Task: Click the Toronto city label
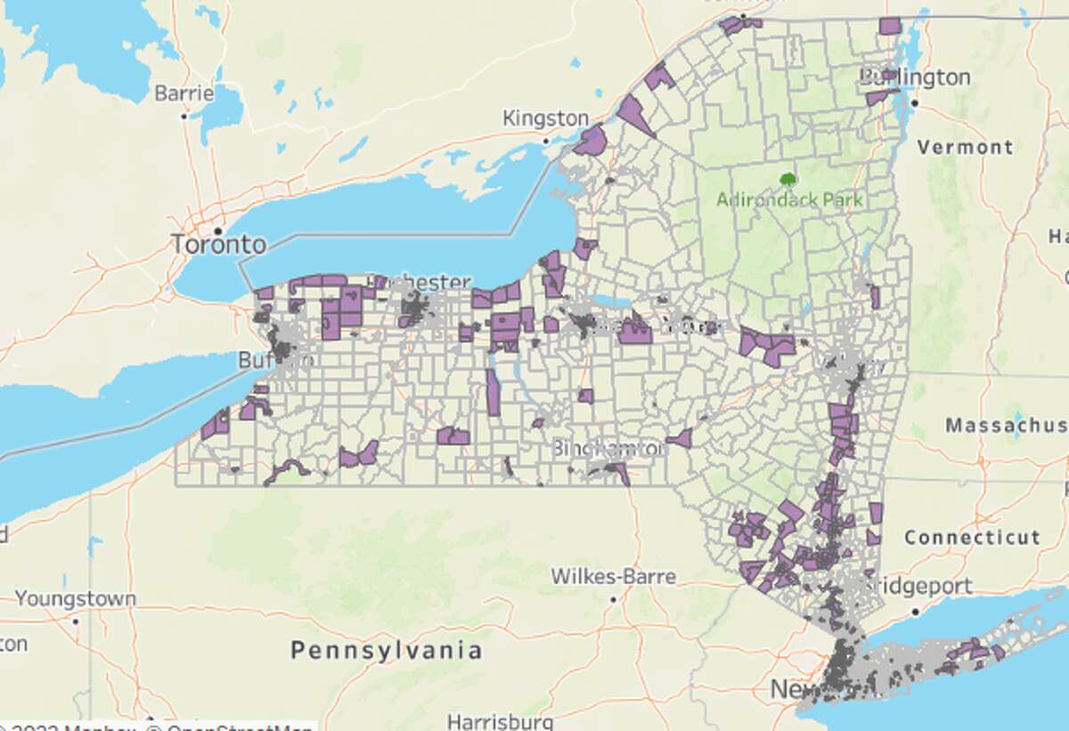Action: [219, 244]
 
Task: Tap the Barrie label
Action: [184, 93]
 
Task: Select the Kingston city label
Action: [545, 118]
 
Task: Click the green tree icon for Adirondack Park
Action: [787, 179]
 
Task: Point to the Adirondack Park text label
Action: [790, 199]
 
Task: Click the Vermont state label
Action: [966, 147]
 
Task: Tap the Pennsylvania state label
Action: [387, 650]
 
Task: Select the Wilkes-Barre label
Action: [614, 576]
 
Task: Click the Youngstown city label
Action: [76, 598]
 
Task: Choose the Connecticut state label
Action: [972, 538]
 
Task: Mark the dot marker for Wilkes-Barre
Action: [614, 599]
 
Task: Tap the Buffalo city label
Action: [276, 361]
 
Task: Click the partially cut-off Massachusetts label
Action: [1007, 426]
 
